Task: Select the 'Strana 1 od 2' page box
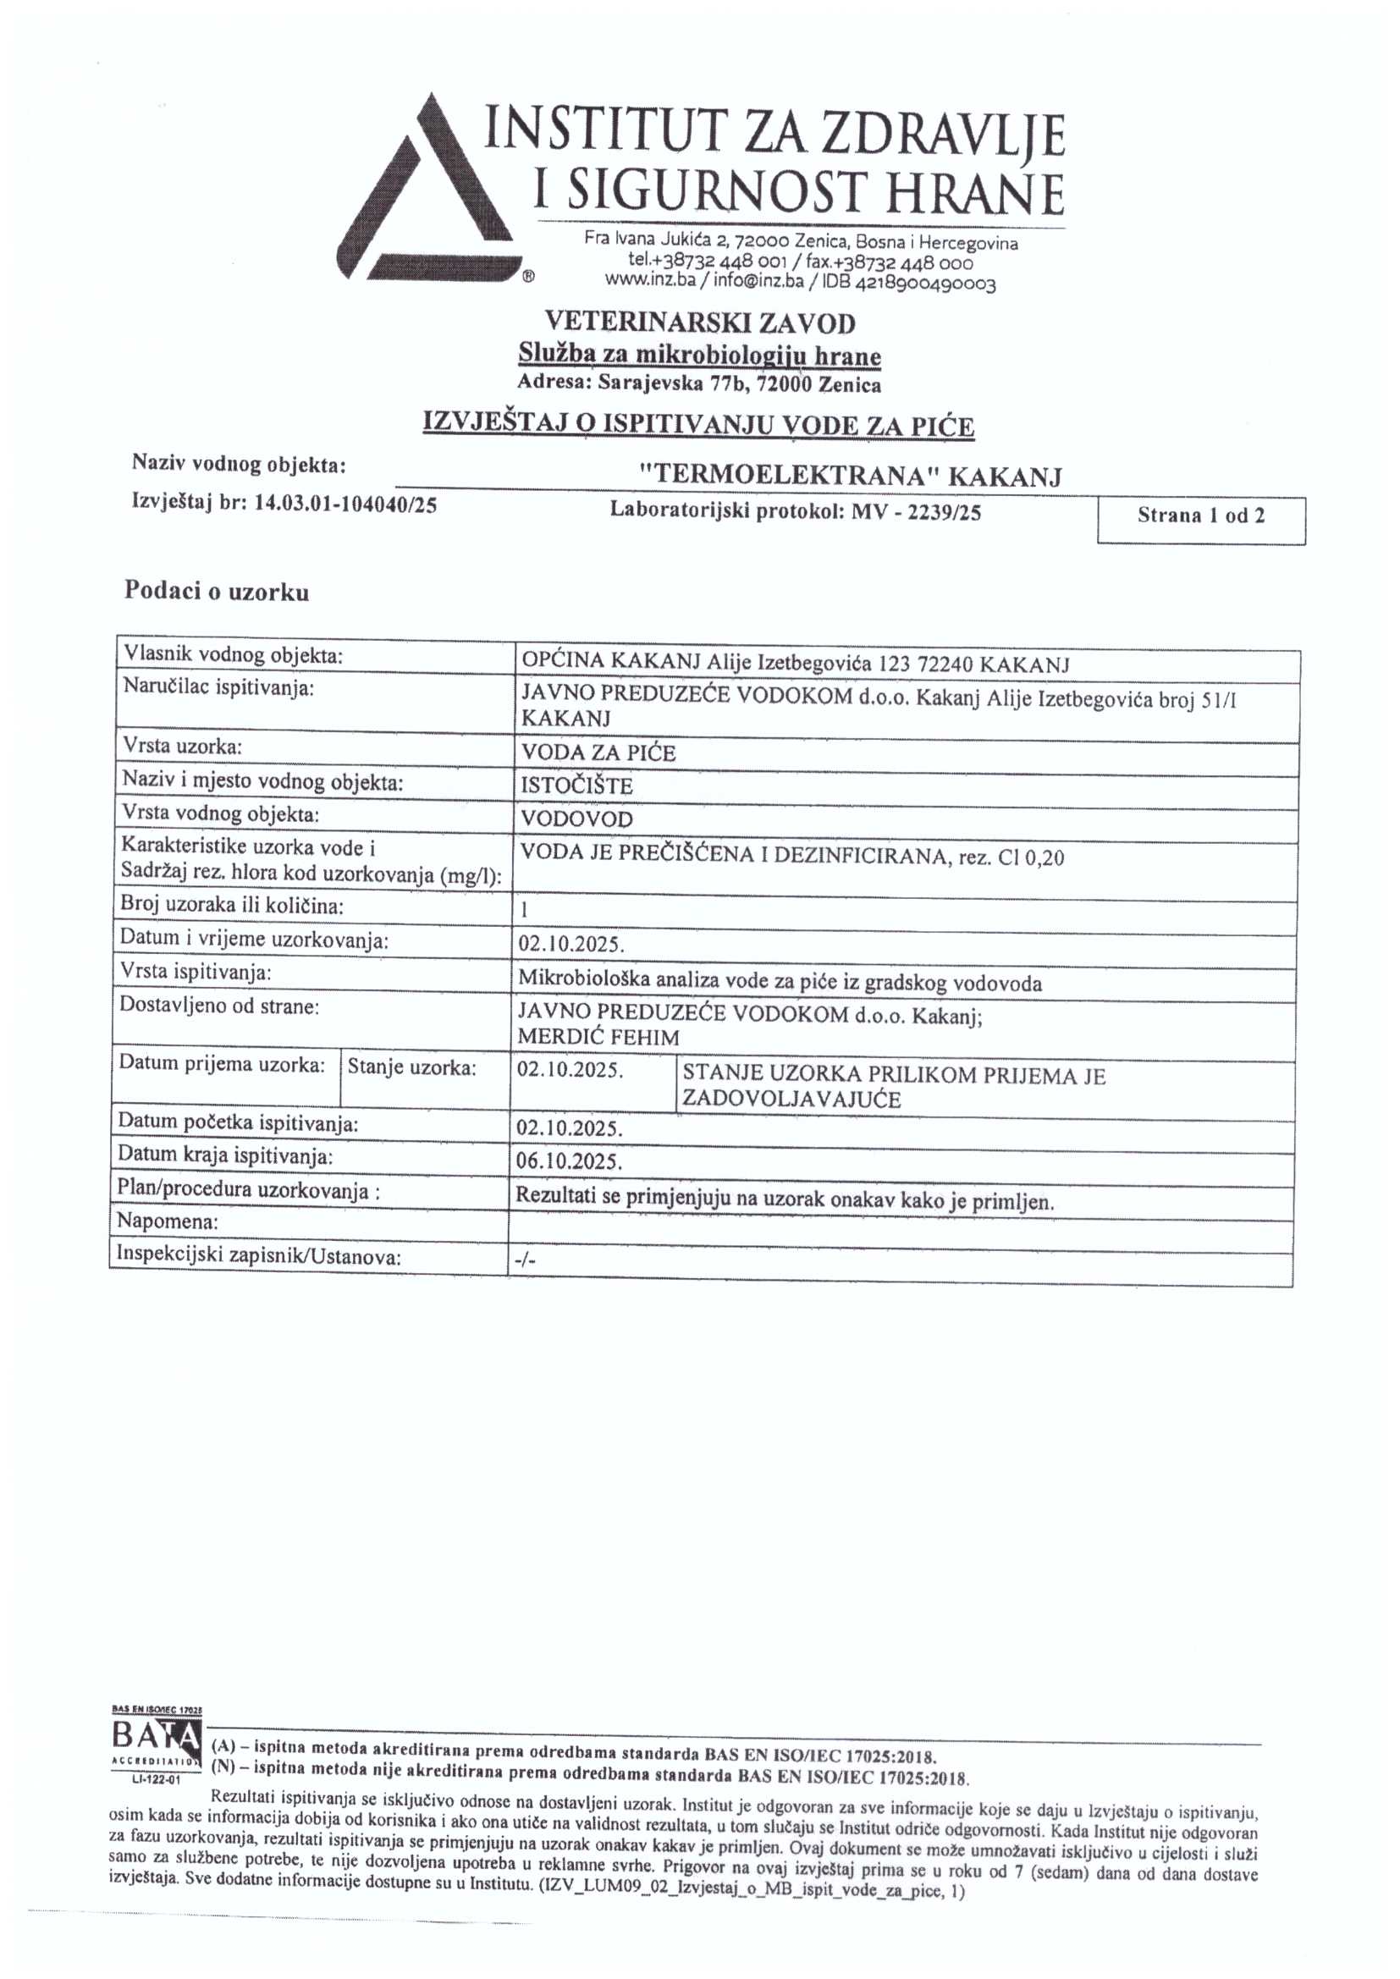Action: click(1200, 517)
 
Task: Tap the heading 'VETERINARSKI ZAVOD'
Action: click(700, 323)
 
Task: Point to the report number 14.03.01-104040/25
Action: click(344, 504)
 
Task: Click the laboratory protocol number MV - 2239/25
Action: click(916, 512)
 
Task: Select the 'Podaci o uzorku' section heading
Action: click(218, 593)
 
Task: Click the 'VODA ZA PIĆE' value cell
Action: click(598, 752)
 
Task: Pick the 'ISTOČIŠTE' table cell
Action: click(576, 786)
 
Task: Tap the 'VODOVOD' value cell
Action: click(576, 819)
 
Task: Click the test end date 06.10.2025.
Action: click(569, 1161)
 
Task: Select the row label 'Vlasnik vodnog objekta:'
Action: click(233, 656)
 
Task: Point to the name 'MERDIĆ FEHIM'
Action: click(598, 1038)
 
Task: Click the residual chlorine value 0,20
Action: click(1044, 857)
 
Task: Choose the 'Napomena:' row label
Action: click(168, 1221)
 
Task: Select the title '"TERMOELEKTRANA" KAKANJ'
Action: click(850, 476)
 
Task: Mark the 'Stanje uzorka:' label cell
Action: click(411, 1068)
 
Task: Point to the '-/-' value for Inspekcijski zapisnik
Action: click(525, 1260)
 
